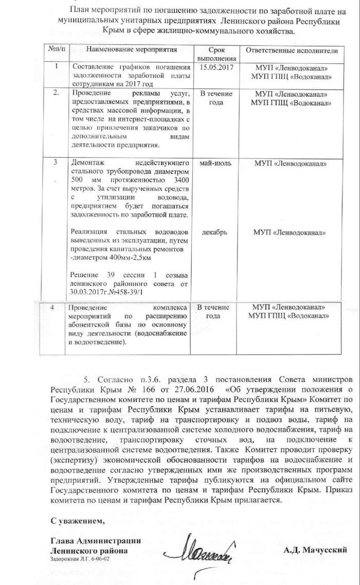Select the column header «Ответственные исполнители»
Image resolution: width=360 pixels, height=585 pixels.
(x=292, y=50)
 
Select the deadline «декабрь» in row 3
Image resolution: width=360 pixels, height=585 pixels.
(x=215, y=232)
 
